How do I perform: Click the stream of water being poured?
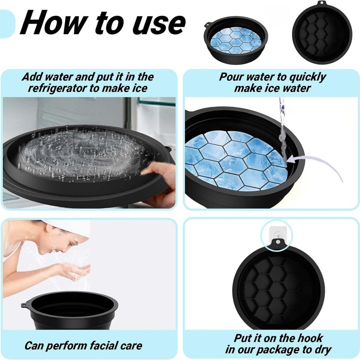282,127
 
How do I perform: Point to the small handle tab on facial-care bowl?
25,305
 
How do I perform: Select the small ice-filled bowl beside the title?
235,39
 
